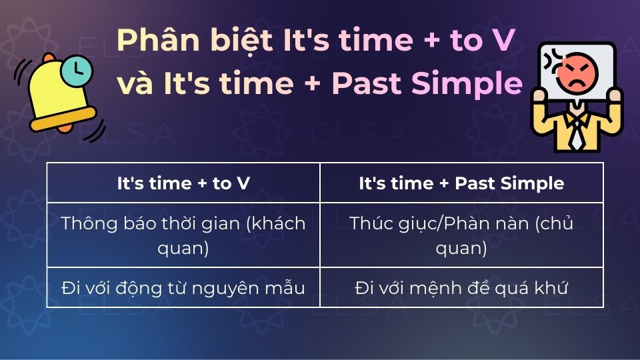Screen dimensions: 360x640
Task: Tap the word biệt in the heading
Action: point(236,42)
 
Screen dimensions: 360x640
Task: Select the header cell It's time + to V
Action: point(183,183)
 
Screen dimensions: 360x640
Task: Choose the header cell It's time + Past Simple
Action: point(461,183)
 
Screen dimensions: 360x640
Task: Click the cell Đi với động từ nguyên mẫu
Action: point(183,288)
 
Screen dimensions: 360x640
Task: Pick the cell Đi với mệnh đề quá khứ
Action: point(461,288)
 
